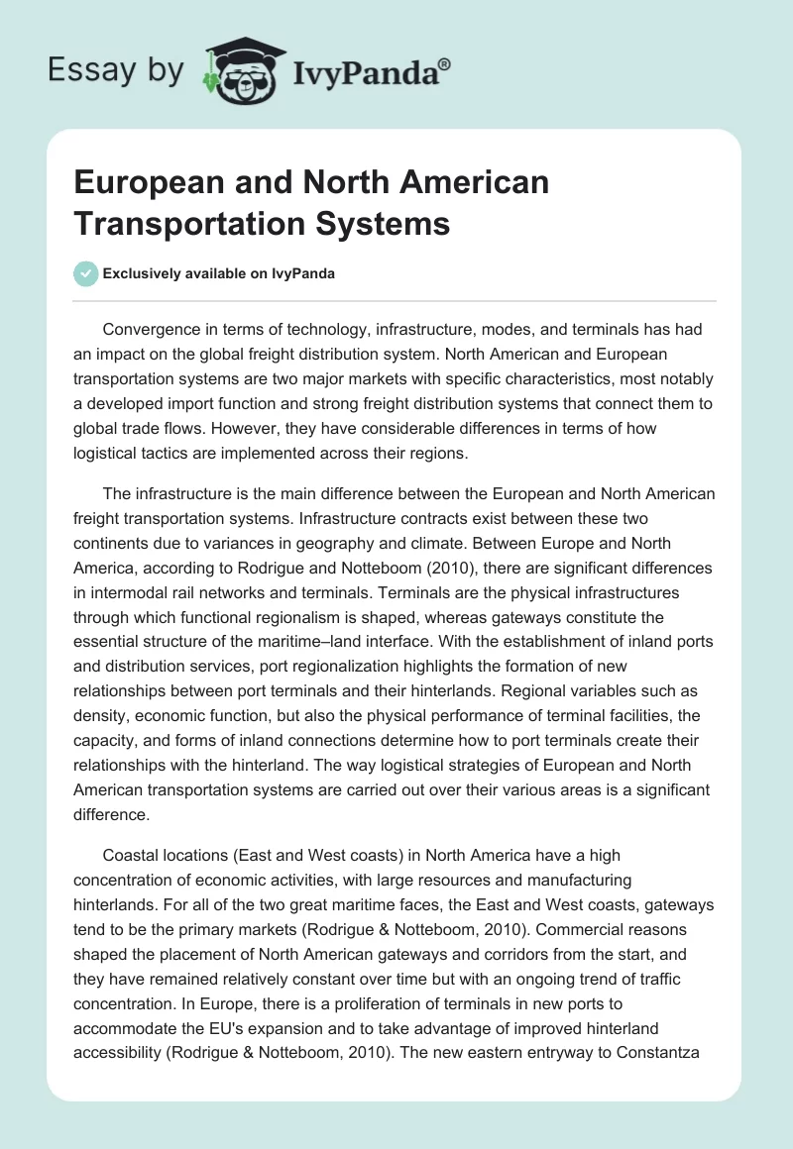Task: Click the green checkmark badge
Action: point(86,273)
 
